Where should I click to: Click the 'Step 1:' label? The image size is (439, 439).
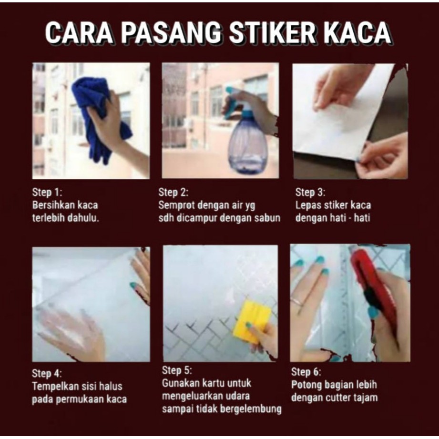(47, 193)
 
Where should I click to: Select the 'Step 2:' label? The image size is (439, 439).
(173, 193)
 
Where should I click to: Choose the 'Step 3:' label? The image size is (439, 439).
(310, 193)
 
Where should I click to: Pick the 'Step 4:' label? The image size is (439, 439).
(47, 373)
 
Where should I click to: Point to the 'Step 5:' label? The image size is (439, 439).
(177, 370)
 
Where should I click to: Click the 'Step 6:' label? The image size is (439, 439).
(306, 372)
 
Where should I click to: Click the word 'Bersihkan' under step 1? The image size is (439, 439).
(52, 205)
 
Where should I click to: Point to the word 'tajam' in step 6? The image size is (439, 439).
(366, 398)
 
